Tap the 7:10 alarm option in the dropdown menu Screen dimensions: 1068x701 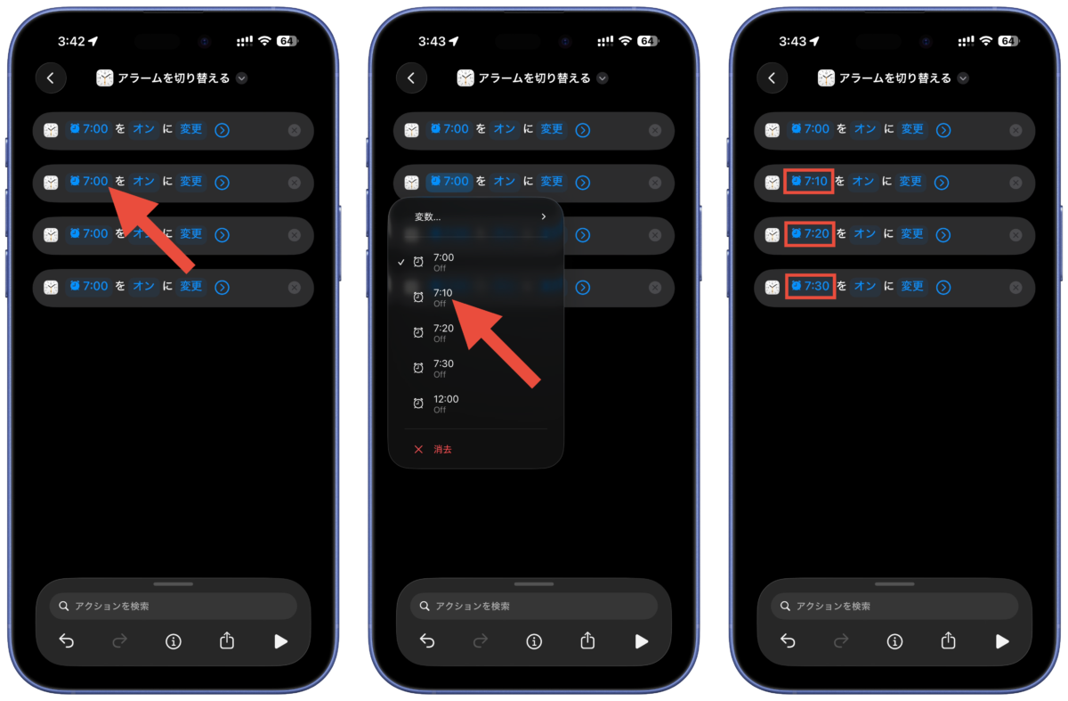[442, 297]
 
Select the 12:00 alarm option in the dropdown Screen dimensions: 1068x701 [445, 403]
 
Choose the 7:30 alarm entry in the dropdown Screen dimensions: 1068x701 [443, 368]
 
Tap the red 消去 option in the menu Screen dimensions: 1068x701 [442, 449]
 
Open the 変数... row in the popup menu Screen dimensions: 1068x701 [480, 216]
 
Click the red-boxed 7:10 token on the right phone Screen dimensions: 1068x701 [809, 182]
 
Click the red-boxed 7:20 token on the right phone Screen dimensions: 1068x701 [810, 234]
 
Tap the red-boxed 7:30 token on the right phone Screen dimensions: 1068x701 [810, 286]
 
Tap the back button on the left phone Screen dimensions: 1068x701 [51, 77]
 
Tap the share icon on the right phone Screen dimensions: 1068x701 [948, 640]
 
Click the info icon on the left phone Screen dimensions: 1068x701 [173, 641]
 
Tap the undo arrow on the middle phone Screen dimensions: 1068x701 [426, 640]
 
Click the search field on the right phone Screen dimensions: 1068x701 [894, 606]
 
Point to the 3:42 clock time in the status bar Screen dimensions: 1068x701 [71, 42]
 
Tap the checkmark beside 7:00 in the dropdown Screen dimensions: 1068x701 [401, 262]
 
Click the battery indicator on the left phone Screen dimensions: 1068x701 [287, 41]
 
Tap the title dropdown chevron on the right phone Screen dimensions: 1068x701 [963, 78]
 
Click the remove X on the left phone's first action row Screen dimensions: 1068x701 [295, 130]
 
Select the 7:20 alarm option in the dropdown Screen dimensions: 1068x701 [443, 332]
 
